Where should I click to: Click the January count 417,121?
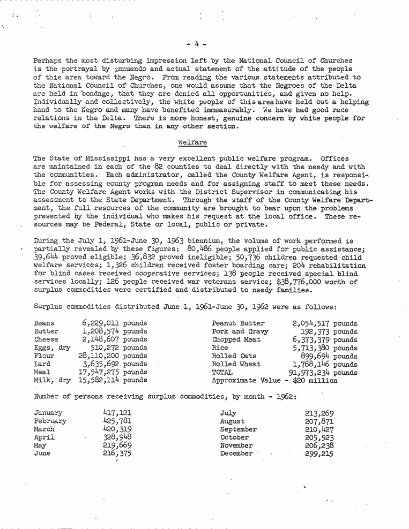[117, 413]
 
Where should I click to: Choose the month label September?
[239, 429]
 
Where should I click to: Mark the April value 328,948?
[117, 437]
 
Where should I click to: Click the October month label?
[235, 437]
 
